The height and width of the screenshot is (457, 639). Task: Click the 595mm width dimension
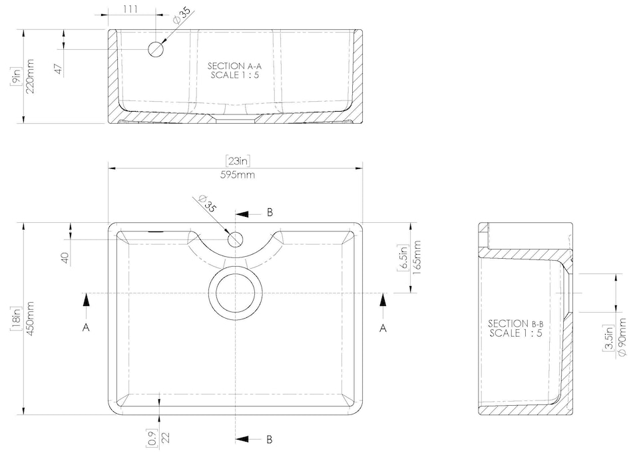coord(236,175)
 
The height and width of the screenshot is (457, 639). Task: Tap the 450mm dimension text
coord(30,319)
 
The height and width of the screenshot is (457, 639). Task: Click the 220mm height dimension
coord(30,76)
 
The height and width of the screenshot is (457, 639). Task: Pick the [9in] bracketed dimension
coord(15,76)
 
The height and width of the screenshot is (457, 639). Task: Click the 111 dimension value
coord(131,8)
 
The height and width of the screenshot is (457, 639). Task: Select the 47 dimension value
coord(58,69)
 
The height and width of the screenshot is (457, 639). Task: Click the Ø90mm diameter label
coord(622,337)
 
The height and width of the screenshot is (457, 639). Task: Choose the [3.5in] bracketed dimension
coord(608,339)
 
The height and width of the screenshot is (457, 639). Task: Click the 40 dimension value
coord(65,257)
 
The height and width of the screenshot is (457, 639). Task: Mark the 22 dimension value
coord(166,438)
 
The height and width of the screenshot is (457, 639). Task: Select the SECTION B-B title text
coord(515,327)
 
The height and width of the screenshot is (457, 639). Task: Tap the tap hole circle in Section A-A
coord(156,49)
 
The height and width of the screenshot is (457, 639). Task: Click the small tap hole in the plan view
coord(235,239)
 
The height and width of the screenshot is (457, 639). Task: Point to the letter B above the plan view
coord(270,212)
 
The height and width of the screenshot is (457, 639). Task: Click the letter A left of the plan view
coord(85,327)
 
